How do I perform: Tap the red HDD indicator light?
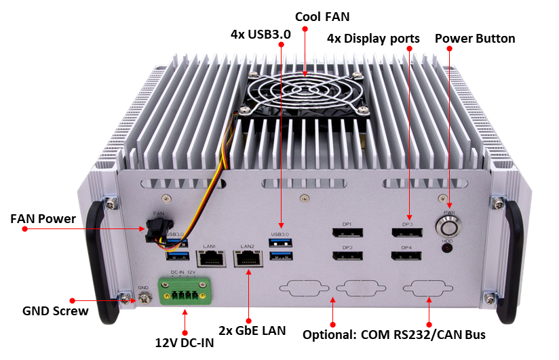pyautogui.click(x=447, y=247)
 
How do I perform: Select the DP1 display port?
pyautogui.click(x=347, y=233)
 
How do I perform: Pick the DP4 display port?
pyautogui.click(x=406, y=256)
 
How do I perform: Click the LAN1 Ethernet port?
pyautogui.click(x=211, y=258)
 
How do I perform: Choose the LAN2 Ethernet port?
pyautogui.click(x=248, y=258)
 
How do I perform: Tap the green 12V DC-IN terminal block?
pyautogui.click(x=185, y=292)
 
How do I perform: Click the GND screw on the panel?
pyautogui.click(x=144, y=298)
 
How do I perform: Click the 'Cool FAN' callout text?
pyautogui.click(x=322, y=17)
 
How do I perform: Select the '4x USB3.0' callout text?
pyautogui.click(x=261, y=34)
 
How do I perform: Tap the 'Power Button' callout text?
pyautogui.click(x=475, y=38)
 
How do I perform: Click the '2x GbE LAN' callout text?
pyautogui.click(x=252, y=330)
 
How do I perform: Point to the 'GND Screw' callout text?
pyautogui.click(x=55, y=311)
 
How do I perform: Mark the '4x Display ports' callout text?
pyautogui.click(x=373, y=39)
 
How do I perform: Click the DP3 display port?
pyautogui.click(x=407, y=233)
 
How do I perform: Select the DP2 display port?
pyautogui.click(x=347, y=256)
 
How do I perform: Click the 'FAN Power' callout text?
pyautogui.click(x=43, y=218)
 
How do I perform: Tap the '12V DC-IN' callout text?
pyautogui.click(x=185, y=342)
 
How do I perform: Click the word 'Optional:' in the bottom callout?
pyautogui.click(x=329, y=335)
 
